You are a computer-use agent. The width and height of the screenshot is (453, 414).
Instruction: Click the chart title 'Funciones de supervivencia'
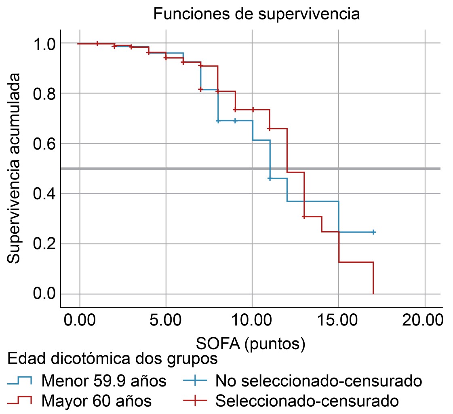click(256, 14)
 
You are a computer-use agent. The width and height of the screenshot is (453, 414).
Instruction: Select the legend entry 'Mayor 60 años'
click(97, 401)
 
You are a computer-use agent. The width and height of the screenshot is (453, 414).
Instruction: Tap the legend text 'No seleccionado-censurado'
click(319, 380)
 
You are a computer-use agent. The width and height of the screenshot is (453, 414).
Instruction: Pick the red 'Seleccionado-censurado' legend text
click(307, 401)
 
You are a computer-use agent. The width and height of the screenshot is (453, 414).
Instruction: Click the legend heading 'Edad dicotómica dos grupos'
click(113, 358)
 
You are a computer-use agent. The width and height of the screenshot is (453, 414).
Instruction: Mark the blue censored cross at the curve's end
click(373, 232)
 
